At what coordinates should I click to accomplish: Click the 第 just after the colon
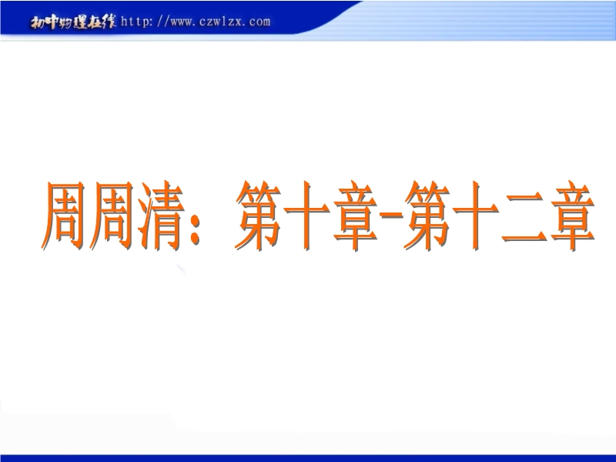[x=259, y=216]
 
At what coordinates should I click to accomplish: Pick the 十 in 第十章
[x=306, y=216]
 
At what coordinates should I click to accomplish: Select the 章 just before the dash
[x=356, y=216]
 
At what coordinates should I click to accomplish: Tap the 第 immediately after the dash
[x=427, y=216]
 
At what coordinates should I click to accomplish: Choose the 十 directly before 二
[x=476, y=216]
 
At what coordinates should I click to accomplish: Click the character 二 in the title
[x=524, y=219]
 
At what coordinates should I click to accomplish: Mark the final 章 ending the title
[x=573, y=216]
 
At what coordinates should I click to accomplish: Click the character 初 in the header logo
[x=38, y=23]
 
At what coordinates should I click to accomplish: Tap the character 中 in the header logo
[x=52, y=23]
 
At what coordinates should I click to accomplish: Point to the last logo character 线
[x=109, y=22]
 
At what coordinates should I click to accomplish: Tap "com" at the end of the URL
[x=259, y=22]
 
